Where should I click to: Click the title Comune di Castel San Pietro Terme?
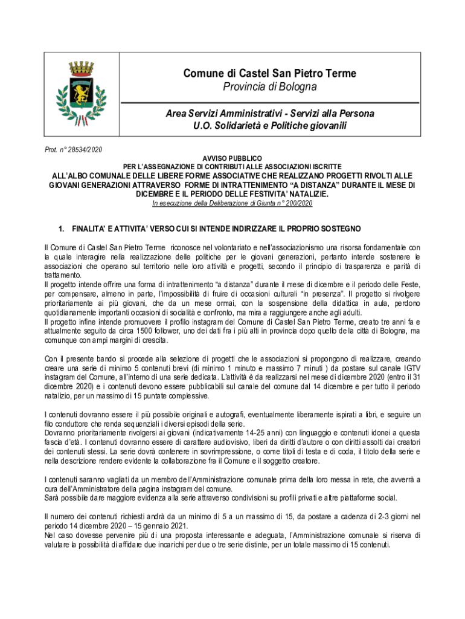point(270,74)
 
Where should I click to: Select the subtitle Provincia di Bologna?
point(270,88)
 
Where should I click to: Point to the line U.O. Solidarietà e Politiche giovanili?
point(270,126)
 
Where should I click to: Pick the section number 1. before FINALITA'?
point(60,229)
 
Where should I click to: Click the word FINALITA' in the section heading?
point(91,229)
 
